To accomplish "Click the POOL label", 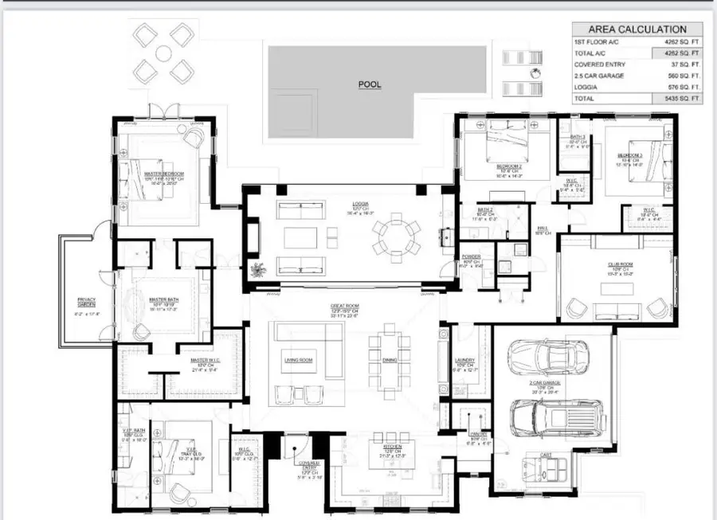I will (370, 84).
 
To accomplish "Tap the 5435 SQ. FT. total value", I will (682, 98).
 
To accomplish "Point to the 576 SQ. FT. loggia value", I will (683, 87).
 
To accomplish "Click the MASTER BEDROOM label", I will (164, 174).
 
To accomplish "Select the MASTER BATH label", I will (163, 300).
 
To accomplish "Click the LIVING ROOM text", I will (299, 361).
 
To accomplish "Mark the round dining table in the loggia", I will (396, 237).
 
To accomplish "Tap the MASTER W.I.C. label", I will (205, 360).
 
